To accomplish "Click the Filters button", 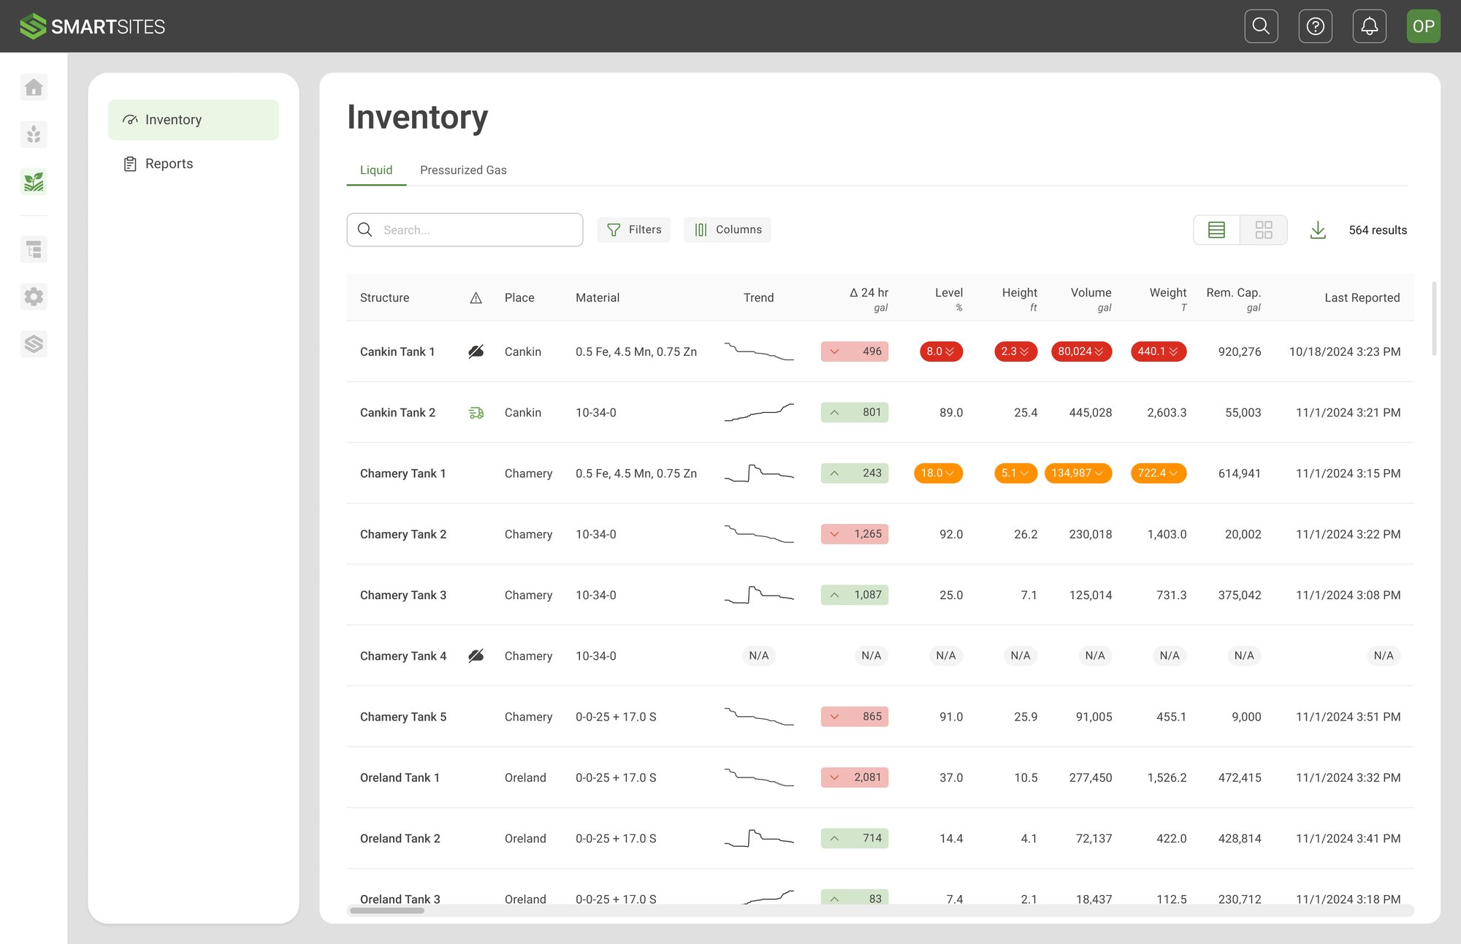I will [633, 229].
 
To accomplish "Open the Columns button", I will [727, 229].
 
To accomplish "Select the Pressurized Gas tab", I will [463, 170].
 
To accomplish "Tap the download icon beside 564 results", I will [1318, 230].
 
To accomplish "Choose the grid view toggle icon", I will [1263, 230].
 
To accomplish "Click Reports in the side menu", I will [169, 164].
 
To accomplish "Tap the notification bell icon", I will [1369, 26].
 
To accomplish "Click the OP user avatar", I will [1423, 26].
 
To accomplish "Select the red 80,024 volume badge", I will [1080, 351].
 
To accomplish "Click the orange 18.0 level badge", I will [938, 473].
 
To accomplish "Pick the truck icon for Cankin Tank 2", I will [476, 413].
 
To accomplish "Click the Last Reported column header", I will [1362, 297].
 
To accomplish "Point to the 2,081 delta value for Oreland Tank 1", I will [866, 777].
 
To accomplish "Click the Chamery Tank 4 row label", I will [403, 656].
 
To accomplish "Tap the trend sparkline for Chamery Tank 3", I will [758, 595].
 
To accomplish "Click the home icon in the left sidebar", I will [34, 88].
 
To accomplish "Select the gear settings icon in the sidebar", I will [34, 297].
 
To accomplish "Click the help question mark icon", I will [1315, 26].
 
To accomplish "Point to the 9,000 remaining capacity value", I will [1246, 717].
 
